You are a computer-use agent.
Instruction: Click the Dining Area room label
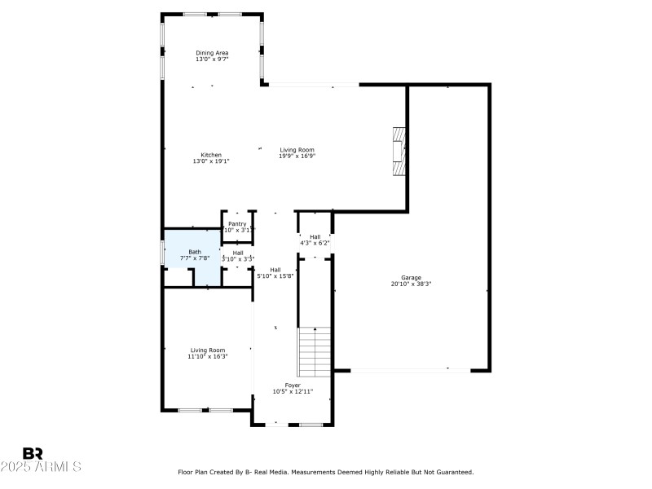[x=211, y=53]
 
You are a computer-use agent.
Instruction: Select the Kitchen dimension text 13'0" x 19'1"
[x=211, y=161]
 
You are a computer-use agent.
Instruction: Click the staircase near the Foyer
[x=314, y=351]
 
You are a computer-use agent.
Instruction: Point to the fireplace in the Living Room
[x=398, y=151]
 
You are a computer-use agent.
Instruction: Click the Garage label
[x=411, y=278]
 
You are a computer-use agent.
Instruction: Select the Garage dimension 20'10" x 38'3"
[x=411, y=284]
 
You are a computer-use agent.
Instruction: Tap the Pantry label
[x=237, y=223]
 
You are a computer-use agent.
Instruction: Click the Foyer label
[x=293, y=385]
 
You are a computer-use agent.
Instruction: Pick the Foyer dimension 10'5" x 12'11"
[x=293, y=391]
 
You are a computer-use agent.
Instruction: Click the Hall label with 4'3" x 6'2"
[x=315, y=236]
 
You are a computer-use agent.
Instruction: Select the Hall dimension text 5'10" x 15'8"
[x=275, y=276]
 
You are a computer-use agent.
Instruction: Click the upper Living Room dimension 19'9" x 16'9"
[x=297, y=156]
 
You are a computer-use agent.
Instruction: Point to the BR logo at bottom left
[x=33, y=453]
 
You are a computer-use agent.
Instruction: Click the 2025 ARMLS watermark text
[x=41, y=467]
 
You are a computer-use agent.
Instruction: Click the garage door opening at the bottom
[x=410, y=371]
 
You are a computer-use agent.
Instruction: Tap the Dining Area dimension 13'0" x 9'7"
[x=211, y=59]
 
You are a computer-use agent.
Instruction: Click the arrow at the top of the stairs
[x=314, y=330]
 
